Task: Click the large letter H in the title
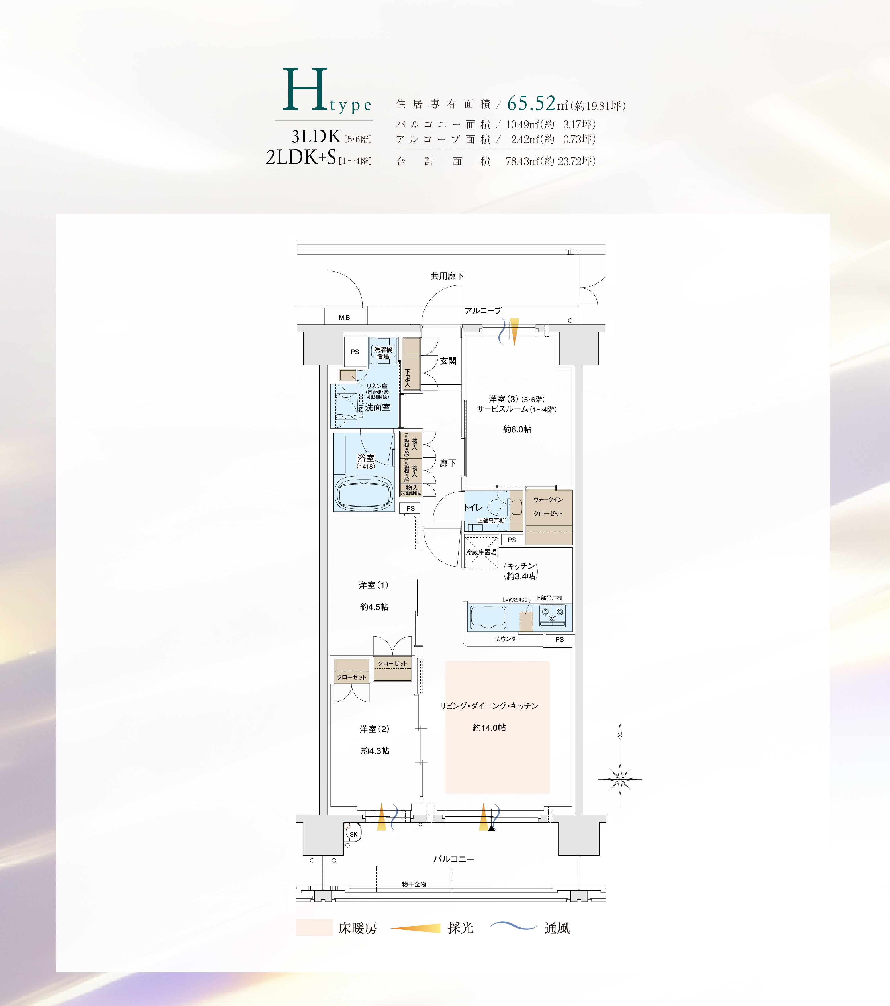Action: coord(305,89)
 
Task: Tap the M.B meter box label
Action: coord(344,318)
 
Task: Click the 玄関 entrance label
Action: coord(448,361)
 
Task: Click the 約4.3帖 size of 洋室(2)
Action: coord(375,751)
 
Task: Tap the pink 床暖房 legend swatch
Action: coord(314,927)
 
